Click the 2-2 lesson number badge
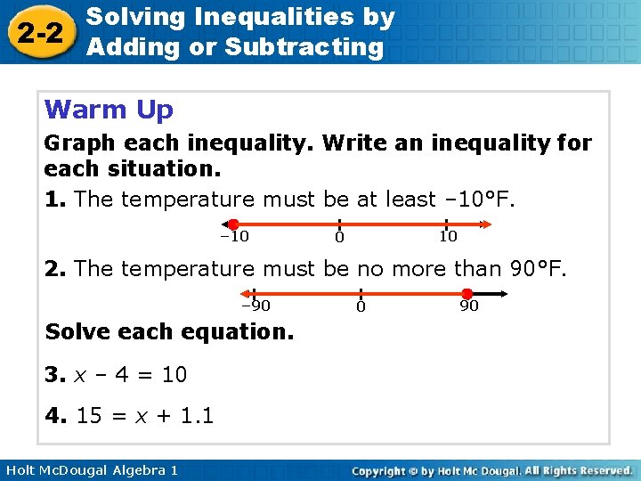38,32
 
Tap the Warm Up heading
109,110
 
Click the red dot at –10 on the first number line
232,224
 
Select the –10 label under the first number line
234,236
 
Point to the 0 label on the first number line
339,237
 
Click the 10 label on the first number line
447,236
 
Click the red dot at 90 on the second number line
467,293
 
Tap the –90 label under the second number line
256,306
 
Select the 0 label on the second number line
361,306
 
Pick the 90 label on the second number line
468,306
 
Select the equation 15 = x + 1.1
145,415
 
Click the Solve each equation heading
169,332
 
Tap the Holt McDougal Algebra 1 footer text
89,469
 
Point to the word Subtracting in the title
304,46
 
